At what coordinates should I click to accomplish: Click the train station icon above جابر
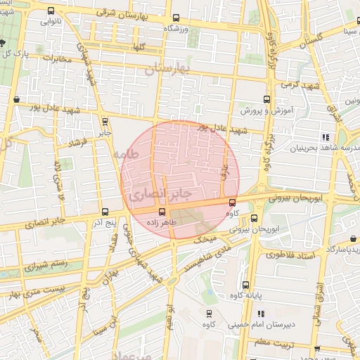tap(104, 121)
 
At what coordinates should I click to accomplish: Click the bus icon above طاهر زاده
tap(162, 211)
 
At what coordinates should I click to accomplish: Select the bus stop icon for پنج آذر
tap(105, 212)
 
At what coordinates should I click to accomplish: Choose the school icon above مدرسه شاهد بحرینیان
tap(325, 136)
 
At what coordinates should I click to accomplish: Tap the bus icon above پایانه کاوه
tap(245, 285)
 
